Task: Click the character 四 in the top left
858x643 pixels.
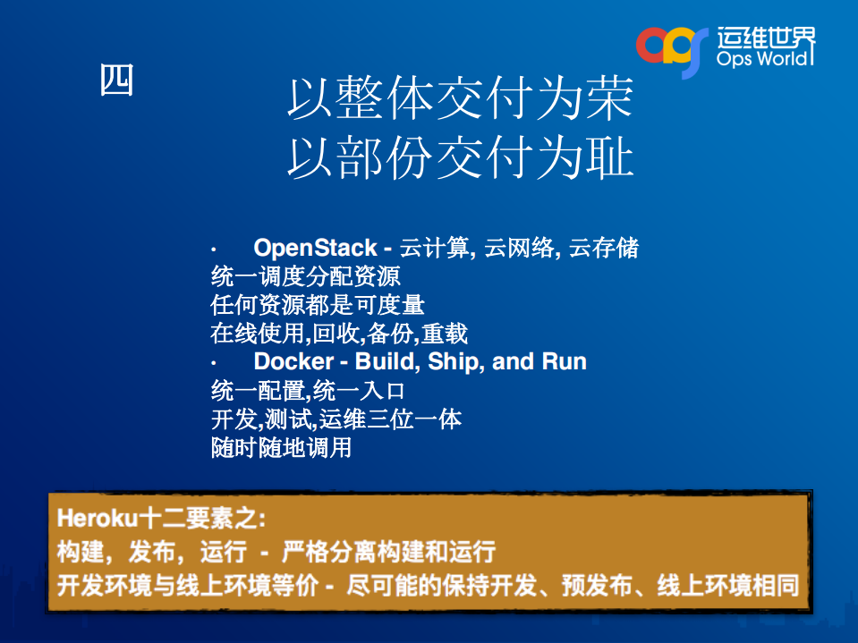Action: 116,80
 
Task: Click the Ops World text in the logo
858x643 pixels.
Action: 766,60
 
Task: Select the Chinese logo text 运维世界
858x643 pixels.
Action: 766,36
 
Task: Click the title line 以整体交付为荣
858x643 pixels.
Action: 460,100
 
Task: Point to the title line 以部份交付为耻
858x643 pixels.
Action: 460,158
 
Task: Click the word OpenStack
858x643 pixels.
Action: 315,248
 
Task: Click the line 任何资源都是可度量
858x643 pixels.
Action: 318,305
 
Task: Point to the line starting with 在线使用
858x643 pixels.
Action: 339,334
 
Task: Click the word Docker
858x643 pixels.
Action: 293,362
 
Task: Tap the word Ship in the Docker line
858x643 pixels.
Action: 454,362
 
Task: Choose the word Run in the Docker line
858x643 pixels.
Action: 564,362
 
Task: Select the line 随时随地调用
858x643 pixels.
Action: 281,447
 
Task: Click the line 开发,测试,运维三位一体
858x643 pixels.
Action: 336,419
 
